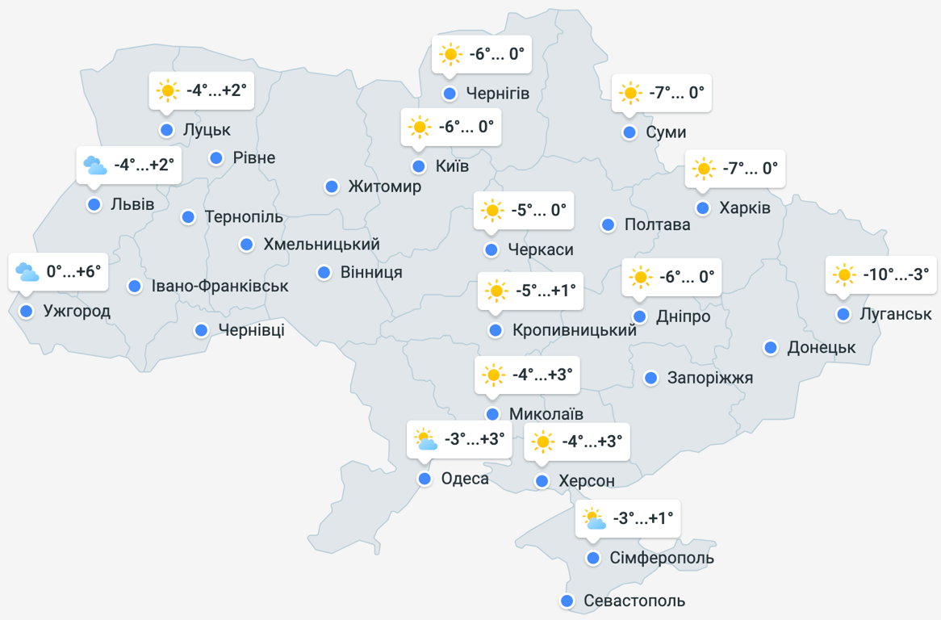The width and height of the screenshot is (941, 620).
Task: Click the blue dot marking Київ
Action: click(x=418, y=166)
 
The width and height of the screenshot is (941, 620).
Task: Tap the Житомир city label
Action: click(x=384, y=186)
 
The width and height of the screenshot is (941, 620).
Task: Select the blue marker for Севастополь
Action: click(x=567, y=601)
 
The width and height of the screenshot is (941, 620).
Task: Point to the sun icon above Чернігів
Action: click(x=449, y=55)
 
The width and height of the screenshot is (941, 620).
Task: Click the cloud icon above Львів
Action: click(x=94, y=165)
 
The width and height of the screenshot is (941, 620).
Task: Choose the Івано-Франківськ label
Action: click(x=220, y=286)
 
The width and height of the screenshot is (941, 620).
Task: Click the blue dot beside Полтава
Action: click(x=608, y=224)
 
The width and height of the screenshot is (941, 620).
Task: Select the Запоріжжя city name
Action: click(x=710, y=377)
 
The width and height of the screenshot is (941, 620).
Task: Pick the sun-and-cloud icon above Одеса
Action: click(x=425, y=440)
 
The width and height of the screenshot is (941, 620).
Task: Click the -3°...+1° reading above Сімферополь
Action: click(x=642, y=518)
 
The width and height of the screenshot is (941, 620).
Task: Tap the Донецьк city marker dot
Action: click(x=771, y=347)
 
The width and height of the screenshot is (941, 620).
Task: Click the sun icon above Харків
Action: click(x=703, y=169)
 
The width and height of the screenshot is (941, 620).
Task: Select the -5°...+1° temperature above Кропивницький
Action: click(x=544, y=291)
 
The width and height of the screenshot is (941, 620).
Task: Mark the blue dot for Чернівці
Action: click(x=201, y=329)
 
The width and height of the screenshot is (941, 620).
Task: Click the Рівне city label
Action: click(x=254, y=157)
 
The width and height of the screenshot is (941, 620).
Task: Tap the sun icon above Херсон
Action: click(x=542, y=442)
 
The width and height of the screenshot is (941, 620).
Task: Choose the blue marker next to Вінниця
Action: click(x=324, y=272)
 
